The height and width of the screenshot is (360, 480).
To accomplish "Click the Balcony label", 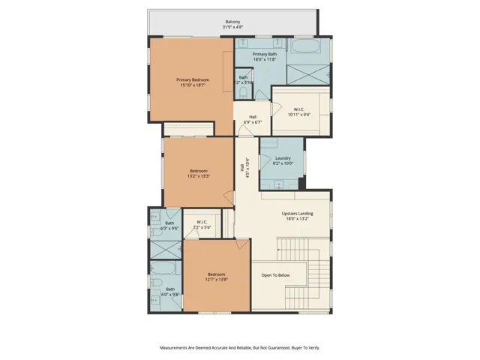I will coord(232,22).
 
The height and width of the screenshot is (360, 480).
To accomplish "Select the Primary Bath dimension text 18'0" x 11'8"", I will coord(264,60).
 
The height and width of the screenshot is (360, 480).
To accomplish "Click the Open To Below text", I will coord(275,275).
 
